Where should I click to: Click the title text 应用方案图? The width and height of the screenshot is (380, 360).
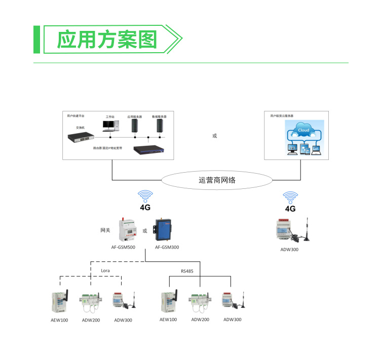pyautogui.click(x=106, y=39)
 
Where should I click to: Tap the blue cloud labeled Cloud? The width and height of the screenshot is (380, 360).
pyautogui.click(x=303, y=130)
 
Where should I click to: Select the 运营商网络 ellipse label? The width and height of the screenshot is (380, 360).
pyautogui.click(x=217, y=180)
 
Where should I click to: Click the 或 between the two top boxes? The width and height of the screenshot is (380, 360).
pyautogui.click(x=215, y=136)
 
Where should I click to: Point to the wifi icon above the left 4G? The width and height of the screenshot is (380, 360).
pyautogui.click(x=145, y=196)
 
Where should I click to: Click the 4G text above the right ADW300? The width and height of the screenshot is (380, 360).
pyautogui.click(x=290, y=209)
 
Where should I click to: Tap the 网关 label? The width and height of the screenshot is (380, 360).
pyautogui.click(x=105, y=230)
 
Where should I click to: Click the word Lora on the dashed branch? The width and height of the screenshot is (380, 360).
pyautogui.click(x=105, y=271)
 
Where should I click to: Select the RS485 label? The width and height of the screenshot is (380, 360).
pyautogui.click(x=187, y=271)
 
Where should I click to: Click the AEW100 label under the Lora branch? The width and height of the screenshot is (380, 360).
pyautogui.click(x=59, y=320)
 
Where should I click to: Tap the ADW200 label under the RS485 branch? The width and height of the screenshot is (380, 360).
pyautogui.click(x=200, y=319)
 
